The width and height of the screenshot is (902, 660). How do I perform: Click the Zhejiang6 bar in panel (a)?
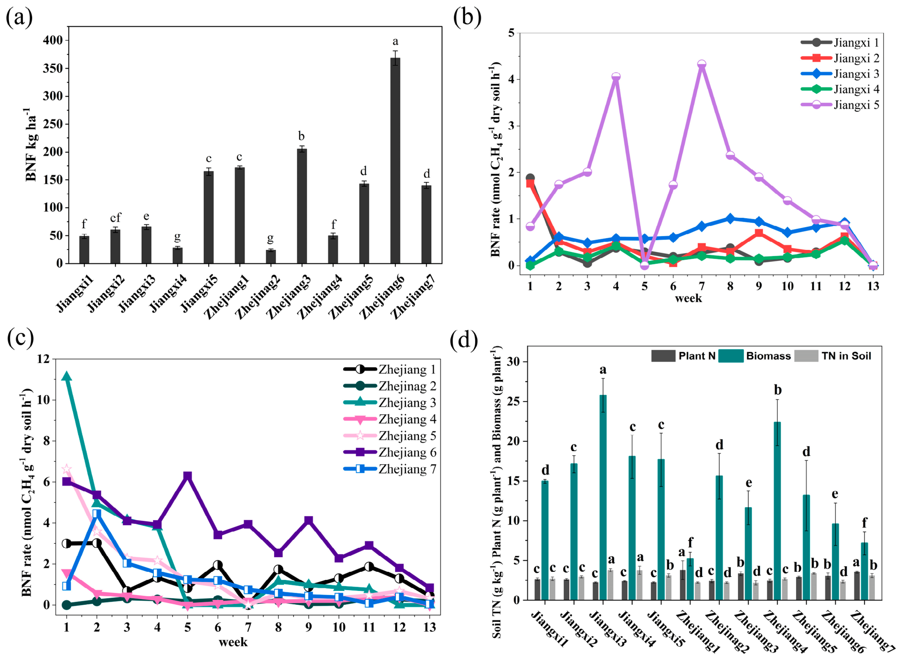(395, 160)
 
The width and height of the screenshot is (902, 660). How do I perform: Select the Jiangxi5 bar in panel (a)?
(208, 217)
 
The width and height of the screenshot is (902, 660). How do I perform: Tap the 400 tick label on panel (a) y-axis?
(53, 40)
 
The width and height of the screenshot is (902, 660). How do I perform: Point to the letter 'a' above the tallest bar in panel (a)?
(395, 42)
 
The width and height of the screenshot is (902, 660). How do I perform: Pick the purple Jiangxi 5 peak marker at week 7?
(701, 65)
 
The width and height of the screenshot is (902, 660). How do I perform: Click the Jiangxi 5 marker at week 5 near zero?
(644, 265)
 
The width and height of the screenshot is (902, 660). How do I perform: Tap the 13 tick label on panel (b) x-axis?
(873, 286)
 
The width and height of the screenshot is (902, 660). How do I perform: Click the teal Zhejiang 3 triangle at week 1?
(66, 377)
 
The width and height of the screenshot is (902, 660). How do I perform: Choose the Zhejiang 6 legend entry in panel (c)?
(390, 452)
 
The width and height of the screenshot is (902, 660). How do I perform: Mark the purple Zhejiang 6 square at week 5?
(187, 476)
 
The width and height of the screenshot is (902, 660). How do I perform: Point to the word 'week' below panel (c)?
(233, 642)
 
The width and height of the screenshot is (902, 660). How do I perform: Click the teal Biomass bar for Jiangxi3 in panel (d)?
(603, 497)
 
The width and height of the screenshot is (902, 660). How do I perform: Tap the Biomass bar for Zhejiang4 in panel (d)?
(777, 511)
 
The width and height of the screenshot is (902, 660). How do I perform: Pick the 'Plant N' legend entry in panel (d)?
(683, 356)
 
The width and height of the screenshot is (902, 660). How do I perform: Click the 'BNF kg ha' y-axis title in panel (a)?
(31, 143)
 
